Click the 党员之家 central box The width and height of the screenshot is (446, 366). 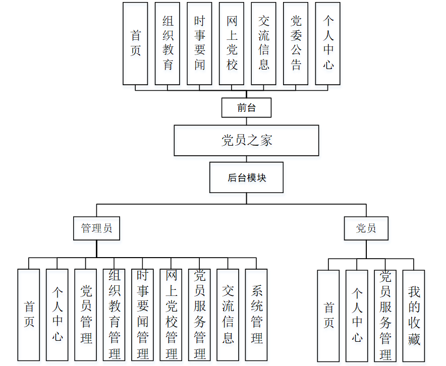246,140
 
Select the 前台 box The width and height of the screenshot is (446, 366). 246,107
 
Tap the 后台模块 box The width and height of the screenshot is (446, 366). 246,177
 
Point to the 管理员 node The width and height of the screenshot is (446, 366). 96,228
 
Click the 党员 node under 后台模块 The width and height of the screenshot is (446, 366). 366,228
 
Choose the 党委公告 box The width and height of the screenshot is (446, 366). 296,43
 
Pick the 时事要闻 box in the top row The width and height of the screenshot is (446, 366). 199,43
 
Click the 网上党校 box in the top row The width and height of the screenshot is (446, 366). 232,43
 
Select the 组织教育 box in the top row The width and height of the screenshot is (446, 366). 168,43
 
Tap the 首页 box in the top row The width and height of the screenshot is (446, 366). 135,43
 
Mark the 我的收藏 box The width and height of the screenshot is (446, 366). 414,316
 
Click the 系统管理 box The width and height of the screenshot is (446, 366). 256,315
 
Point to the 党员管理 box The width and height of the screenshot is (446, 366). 86,315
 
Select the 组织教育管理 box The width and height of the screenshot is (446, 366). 114,315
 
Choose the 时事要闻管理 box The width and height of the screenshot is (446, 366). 142,315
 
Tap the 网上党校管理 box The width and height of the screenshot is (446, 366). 171,315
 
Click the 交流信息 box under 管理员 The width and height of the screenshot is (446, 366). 228,315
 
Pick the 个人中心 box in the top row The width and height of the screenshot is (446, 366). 328,43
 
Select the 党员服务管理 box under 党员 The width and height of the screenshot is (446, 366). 385,316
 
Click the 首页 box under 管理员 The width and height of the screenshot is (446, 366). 29,315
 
